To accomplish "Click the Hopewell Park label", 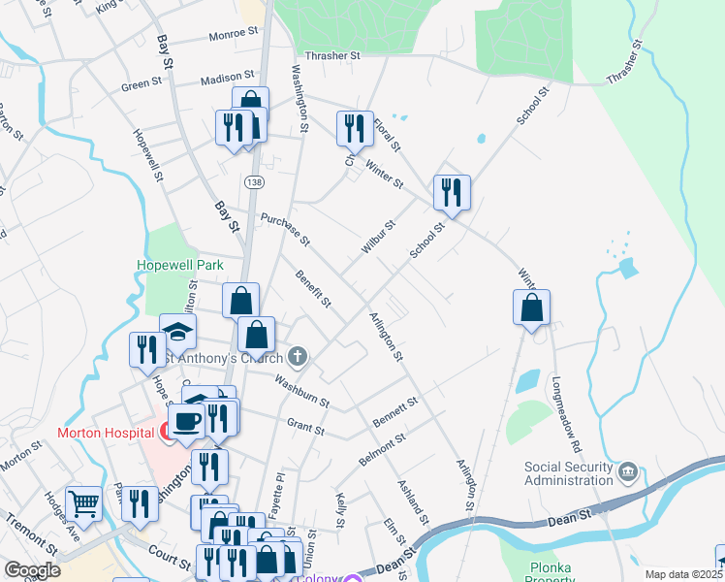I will coord(179,265).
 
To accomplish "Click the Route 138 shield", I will coord(254,182).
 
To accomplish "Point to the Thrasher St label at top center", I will coord(331,56).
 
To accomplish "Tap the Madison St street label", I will coord(228,76).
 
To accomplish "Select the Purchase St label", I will coord(285,229).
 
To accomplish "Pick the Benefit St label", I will coord(315,289).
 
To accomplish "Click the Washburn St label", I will coord(301,391).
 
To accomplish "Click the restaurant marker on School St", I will coord(452,192).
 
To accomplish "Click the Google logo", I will coord(32,570).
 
